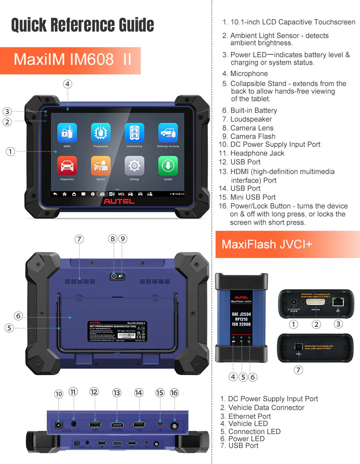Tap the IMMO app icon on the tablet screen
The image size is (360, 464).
pyautogui.click(x=67, y=133)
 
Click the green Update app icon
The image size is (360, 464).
pyautogui.click(x=168, y=166)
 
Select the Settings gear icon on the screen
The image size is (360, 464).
pyautogui.click(x=134, y=166)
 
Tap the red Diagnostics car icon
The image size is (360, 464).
pyautogui.click(x=67, y=166)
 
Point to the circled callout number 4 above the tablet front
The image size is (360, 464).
pyautogui.click(x=68, y=84)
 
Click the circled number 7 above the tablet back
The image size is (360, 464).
pyautogui.click(x=79, y=239)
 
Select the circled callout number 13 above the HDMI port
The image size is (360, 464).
pyautogui.click(x=117, y=393)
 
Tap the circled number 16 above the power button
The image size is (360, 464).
pyautogui.click(x=174, y=393)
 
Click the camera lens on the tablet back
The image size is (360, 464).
pyautogui.click(x=114, y=276)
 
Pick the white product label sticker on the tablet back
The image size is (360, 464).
pyautogui.click(x=117, y=331)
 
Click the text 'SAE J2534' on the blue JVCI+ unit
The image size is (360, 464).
pyautogui.click(x=241, y=314)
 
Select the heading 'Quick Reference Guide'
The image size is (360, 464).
pyautogui.click(x=82, y=25)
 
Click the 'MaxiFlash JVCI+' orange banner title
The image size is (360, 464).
pyautogui.click(x=267, y=244)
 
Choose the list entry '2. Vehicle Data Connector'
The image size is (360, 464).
pyautogui.click(x=262, y=408)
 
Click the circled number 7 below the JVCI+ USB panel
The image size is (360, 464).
pyautogui.click(x=298, y=370)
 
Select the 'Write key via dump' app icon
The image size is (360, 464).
pyautogui.click(x=168, y=133)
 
